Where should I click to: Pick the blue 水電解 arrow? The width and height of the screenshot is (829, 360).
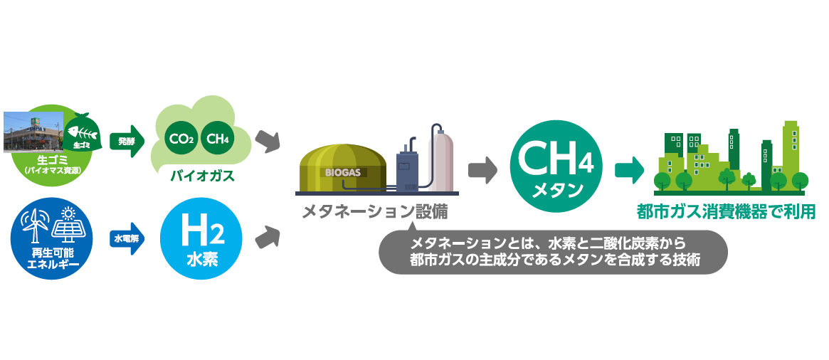point(128,238)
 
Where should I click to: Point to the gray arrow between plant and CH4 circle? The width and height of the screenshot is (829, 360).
point(482,169)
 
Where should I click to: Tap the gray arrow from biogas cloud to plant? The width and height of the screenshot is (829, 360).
point(267,141)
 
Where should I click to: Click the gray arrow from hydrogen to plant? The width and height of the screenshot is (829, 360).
point(267,237)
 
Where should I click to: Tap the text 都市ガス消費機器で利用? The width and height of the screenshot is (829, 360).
point(726,212)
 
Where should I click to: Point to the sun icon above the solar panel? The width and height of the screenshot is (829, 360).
point(68,213)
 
